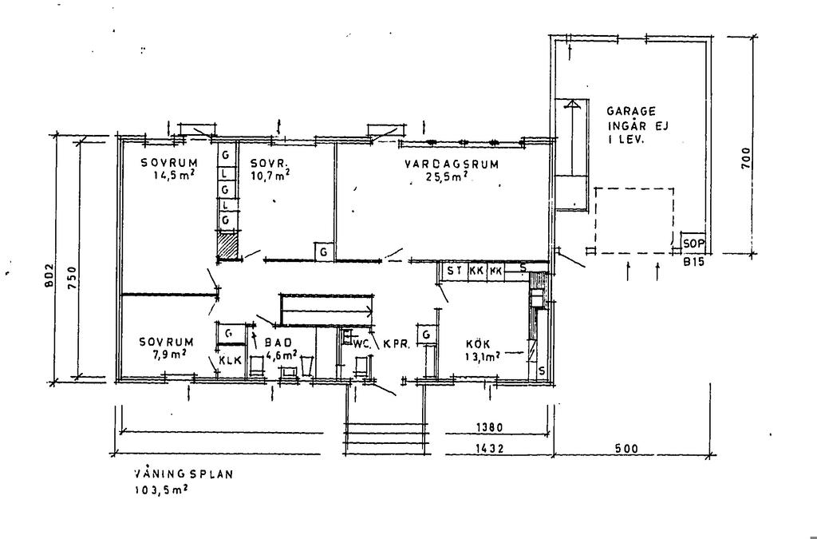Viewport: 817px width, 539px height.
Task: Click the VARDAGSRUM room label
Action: [x=452, y=164]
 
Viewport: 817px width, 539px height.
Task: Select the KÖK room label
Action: [x=478, y=343]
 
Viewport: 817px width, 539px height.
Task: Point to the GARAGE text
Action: [x=631, y=113]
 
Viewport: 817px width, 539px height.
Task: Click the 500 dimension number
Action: [x=626, y=450]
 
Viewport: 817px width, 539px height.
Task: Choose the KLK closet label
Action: [x=230, y=361]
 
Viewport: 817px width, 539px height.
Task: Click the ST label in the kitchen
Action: [x=454, y=271]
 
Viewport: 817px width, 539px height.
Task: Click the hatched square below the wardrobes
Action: [x=228, y=245]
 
